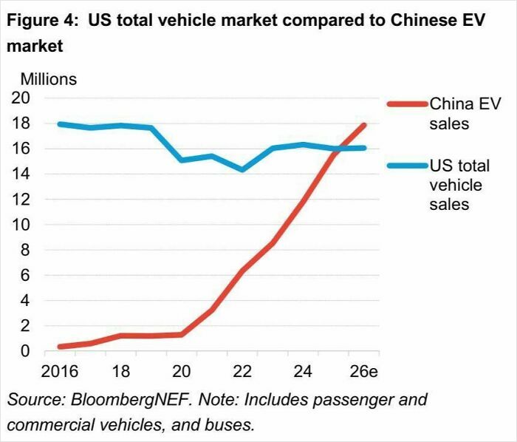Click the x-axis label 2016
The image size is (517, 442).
59,370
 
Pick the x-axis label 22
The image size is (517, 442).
242,370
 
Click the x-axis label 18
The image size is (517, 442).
120,370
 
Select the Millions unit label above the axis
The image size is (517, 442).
48,78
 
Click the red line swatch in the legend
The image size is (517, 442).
407,103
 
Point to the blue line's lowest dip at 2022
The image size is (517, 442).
242,170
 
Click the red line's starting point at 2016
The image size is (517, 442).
59,346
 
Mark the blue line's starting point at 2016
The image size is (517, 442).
59,124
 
